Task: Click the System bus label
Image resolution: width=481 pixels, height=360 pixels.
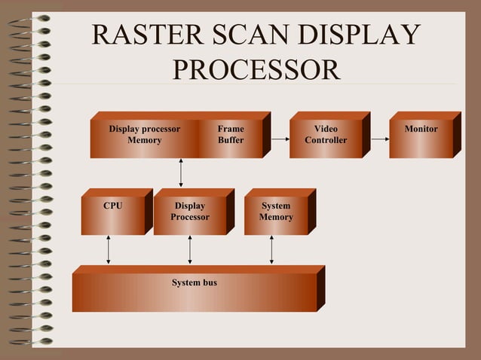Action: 195,282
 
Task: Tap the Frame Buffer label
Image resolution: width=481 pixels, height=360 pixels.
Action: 231,135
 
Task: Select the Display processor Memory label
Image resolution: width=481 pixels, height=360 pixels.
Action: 144,135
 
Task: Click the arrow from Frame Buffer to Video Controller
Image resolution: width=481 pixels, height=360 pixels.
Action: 280,139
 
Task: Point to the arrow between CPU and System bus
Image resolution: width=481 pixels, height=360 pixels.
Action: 109,249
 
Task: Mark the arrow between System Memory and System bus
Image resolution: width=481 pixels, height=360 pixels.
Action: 271,249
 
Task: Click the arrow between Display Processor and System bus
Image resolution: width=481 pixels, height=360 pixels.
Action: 190,249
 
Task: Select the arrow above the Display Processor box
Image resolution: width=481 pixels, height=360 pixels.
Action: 181,172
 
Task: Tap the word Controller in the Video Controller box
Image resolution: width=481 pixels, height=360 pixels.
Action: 326,141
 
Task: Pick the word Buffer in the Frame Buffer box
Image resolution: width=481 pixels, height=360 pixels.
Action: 231,141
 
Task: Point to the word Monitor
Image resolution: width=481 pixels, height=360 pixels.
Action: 421,130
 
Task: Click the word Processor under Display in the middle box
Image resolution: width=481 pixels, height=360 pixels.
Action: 190,218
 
